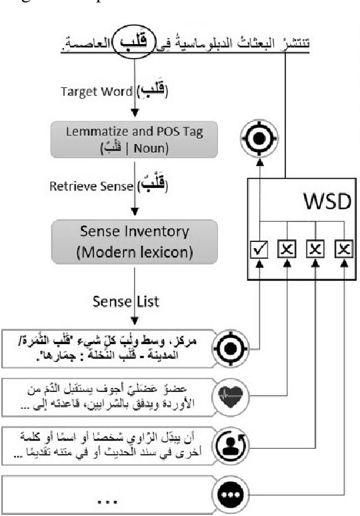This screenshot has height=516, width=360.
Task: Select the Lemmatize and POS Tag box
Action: (x=134, y=138)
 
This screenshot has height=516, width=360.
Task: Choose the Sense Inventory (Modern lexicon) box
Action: (x=134, y=239)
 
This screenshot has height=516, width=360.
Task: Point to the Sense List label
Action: (x=134, y=301)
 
